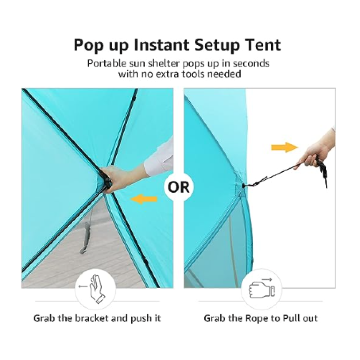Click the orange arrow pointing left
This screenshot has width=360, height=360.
144,199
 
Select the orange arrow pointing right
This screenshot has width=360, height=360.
285,147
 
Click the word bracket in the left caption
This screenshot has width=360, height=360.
92,319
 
